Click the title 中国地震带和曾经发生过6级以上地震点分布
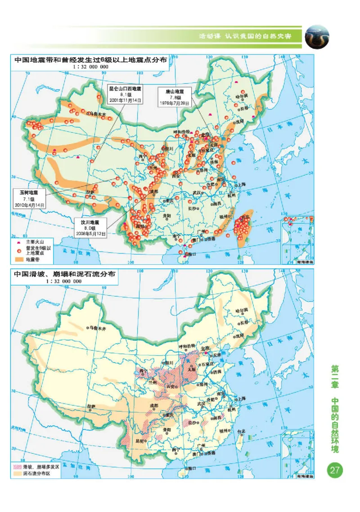tap(90, 59)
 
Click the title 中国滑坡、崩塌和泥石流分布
tap(64, 273)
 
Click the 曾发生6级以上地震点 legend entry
tap(34, 250)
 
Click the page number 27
tap(335, 471)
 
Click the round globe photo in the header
tap(317, 37)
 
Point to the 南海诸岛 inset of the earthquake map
tap(297, 239)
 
